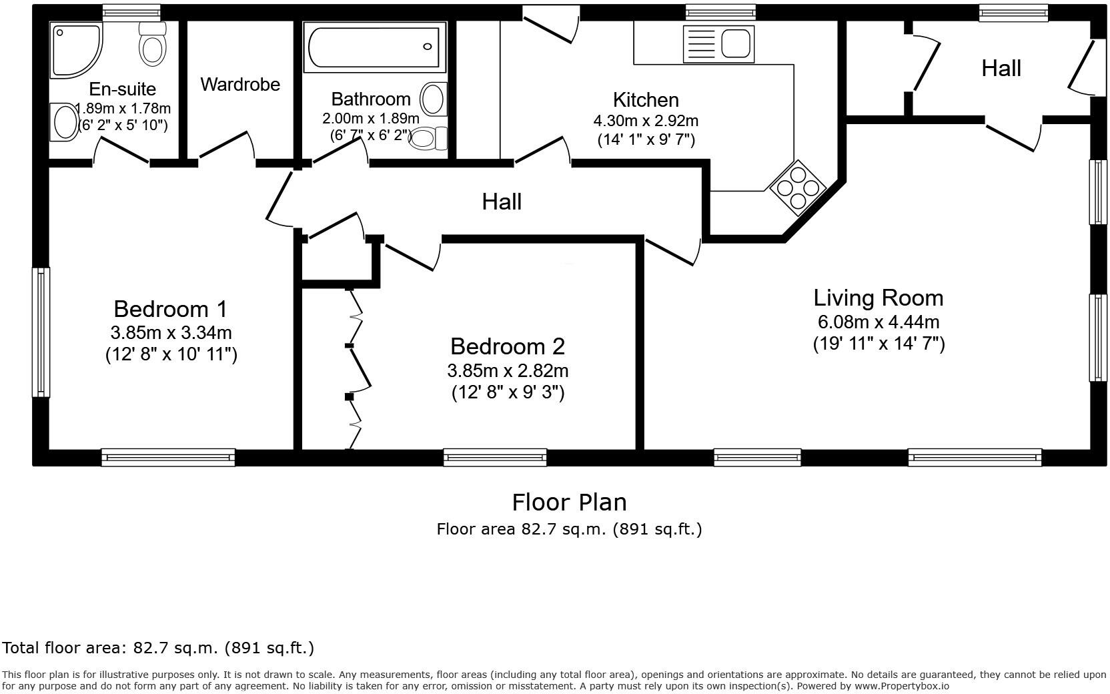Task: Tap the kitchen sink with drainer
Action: (x=718, y=44)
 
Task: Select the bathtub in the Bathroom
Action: (x=374, y=47)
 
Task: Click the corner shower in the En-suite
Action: (x=75, y=49)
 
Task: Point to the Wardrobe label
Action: (x=240, y=85)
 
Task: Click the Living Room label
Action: (x=878, y=298)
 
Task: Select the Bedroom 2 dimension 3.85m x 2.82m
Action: (x=508, y=370)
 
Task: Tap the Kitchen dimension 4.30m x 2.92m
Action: (x=646, y=121)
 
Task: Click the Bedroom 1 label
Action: (x=170, y=309)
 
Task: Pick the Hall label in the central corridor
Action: (x=502, y=202)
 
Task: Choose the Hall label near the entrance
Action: (x=1001, y=68)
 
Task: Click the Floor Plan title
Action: (x=569, y=502)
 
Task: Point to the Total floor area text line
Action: (x=158, y=648)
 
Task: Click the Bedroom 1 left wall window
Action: (x=41, y=332)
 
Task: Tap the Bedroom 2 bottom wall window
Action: (x=495, y=458)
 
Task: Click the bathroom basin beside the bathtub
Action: (x=434, y=99)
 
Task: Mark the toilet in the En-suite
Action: (x=153, y=43)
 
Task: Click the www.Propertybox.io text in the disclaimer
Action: (x=901, y=686)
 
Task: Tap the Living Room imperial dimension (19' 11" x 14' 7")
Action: (x=878, y=344)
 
